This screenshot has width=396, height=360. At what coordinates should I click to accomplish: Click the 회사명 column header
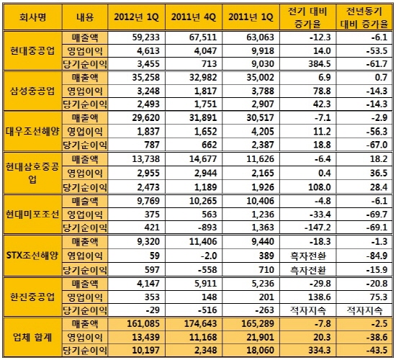click(32, 17)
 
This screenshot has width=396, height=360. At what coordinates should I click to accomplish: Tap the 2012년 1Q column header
click(136, 17)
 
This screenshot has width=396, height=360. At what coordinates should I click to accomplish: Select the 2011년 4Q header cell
click(194, 17)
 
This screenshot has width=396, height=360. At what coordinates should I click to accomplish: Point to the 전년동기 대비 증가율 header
click(364, 18)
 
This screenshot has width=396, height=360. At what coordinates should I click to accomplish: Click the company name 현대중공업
click(32, 51)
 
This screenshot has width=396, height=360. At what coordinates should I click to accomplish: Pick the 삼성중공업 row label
click(32, 91)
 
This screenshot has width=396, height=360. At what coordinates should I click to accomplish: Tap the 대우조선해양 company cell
click(32, 131)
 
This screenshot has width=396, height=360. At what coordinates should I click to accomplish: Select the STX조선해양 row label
click(32, 256)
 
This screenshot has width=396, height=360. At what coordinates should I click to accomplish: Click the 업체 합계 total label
click(32, 337)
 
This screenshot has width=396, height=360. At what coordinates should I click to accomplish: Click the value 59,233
click(146, 37)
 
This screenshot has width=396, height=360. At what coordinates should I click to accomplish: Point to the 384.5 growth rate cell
click(320, 63)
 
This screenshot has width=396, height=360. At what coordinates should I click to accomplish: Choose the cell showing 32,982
click(203, 78)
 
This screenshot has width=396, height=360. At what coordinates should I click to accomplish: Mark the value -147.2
click(318, 228)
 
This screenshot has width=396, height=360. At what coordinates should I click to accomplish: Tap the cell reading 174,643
click(201, 323)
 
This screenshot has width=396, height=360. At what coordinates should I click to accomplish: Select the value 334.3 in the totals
click(320, 351)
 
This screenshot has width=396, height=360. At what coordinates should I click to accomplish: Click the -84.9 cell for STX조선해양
click(377, 256)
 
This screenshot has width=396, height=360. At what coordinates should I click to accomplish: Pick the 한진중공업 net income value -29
click(153, 310)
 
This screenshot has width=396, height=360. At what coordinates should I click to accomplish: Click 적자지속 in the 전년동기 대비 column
click(364, 310)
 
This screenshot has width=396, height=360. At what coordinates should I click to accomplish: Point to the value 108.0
click(320, 187)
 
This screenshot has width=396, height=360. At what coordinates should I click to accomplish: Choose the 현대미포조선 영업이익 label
click(85, 215)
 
